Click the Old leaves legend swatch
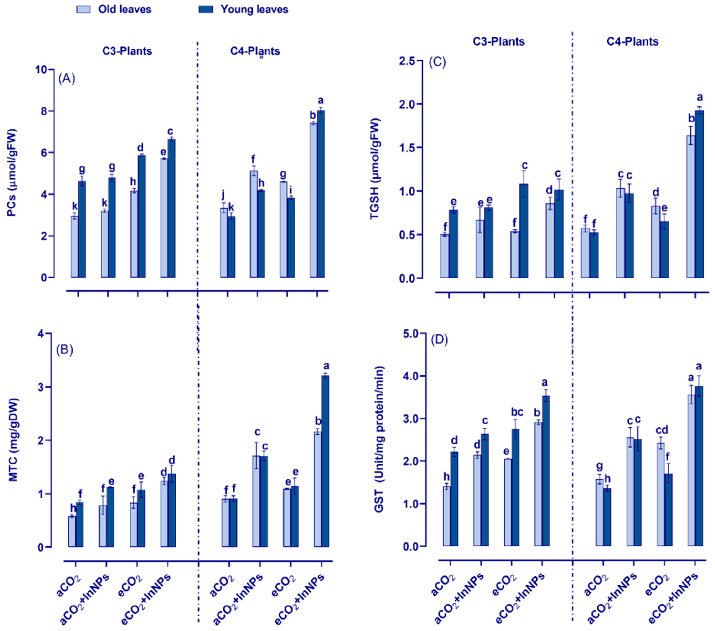tap(83, 10)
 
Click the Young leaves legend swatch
tap(206, 10)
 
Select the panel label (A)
tap(67, 79)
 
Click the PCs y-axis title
tap(13, 173)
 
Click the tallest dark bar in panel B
tap(325, 461)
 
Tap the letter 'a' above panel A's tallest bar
tap(321, 101)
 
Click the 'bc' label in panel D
tap(517, 413)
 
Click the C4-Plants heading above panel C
tap(632, 42)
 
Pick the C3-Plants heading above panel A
tap(127, 51)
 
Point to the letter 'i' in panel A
tap(290, 189)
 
